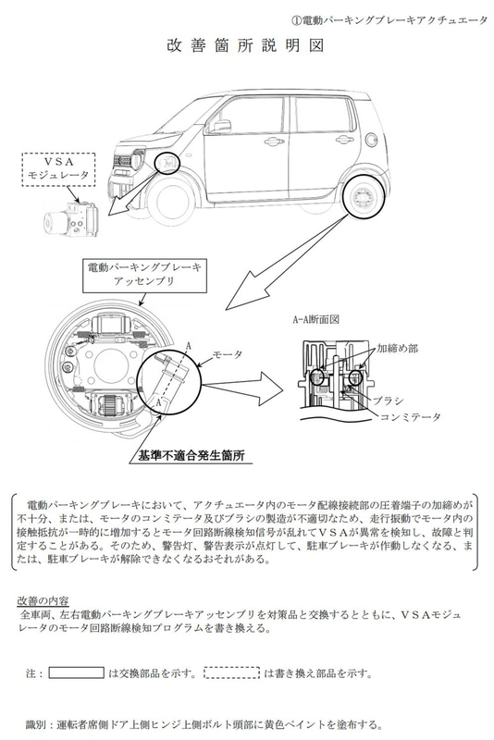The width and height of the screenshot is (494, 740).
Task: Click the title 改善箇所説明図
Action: (x=246, y=45)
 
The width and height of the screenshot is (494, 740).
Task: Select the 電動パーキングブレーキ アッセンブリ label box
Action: (x=148, y=274)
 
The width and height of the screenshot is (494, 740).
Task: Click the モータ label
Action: (x=228, y=354)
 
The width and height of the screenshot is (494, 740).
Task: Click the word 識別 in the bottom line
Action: (x=32, y=723)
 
